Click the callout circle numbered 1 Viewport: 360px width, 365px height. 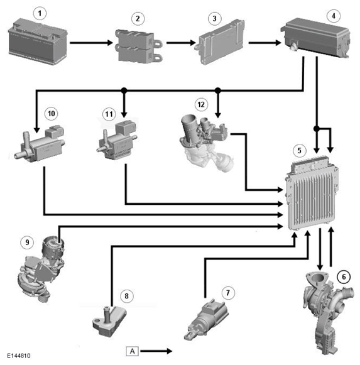(x=40, y=13)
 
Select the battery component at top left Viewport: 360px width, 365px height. (x=38, y=42)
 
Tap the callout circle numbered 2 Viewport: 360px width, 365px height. (x=138, y=19)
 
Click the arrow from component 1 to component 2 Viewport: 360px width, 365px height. (x=92, y=43)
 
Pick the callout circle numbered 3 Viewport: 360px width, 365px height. (x=215, y=18)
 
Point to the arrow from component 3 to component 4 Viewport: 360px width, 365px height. (x=265, y=43)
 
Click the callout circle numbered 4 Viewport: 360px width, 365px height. (x=334, y=16)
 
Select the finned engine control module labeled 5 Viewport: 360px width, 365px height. (x=312, y=193)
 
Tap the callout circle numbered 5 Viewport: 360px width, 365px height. (x=300, y=150)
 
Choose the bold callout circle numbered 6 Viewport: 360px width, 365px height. (x=344, y=277)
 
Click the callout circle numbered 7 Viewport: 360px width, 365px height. (x=228, y=293)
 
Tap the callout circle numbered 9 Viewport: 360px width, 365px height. (x=27, y=242)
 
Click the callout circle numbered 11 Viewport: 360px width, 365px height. (x=109, y=114)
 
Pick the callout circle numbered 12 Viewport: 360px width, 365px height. (x=201, y=104)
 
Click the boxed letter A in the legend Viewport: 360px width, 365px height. (x=133, y=351)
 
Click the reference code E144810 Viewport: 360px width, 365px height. (x=18, y=356)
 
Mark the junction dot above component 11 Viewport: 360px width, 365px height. (x=124, y=90)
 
